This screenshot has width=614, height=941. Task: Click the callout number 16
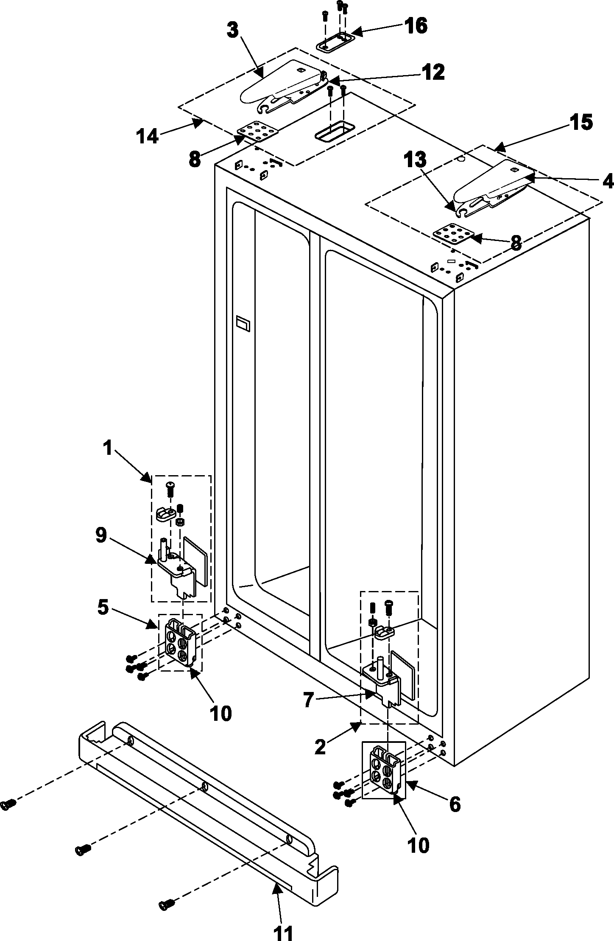coord(415,26)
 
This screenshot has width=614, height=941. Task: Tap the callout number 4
coord(607,182)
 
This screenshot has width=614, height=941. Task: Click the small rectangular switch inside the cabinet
coord(243,323)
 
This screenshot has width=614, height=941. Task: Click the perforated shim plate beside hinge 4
coord(452,235)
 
